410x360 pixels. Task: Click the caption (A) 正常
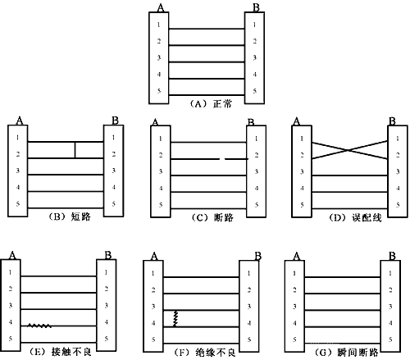tap(211, 104)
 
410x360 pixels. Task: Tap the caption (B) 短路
tap(70, 216)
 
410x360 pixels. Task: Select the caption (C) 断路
tap(212, 217)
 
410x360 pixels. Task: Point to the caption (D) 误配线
tap(355, 217)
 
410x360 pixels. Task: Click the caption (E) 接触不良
tap(60, 352)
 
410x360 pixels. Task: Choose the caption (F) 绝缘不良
tap(204, 353)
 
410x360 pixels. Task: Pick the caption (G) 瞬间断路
tap(347, 353)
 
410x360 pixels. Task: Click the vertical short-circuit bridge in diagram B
tap(75, 150)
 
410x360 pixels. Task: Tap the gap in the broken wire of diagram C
tap(222, 159)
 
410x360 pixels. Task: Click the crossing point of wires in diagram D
tap(348, 150)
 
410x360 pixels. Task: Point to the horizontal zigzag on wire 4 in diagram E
tap(39, 326)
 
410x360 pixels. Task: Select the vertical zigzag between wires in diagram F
tap(175, 318)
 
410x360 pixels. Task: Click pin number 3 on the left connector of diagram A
tap(159, 57)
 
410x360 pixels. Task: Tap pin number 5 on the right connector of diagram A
tap(254, 91)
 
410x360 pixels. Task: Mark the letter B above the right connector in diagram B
tap(115, 121)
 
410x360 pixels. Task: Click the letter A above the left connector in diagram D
tap(297, 121)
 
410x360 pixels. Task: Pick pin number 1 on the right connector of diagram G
tap(390, 273)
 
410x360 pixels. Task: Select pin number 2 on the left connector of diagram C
tap(161, 155)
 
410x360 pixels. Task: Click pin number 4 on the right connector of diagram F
tap(248, 323)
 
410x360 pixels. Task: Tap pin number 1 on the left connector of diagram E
tap(11, 272)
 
